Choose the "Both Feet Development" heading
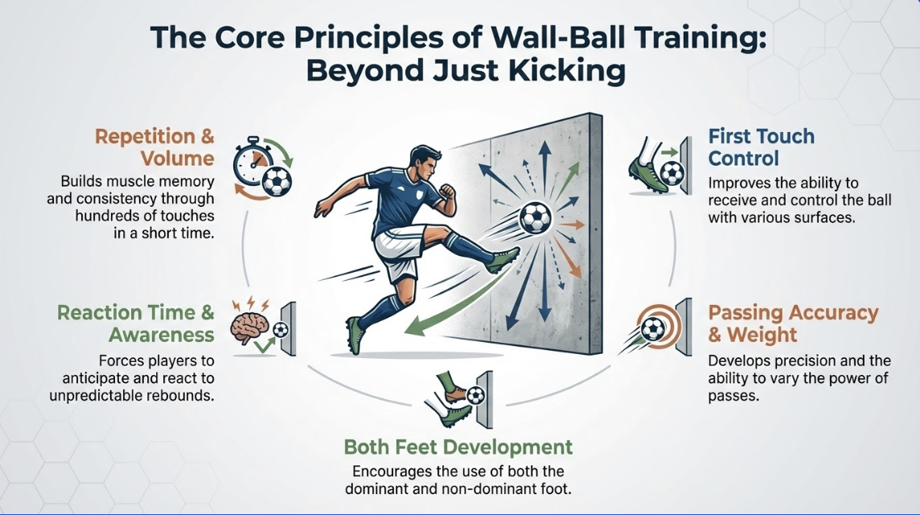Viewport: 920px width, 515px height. [x=458, y=447]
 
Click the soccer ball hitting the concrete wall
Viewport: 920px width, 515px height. [x=534, y=217]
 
